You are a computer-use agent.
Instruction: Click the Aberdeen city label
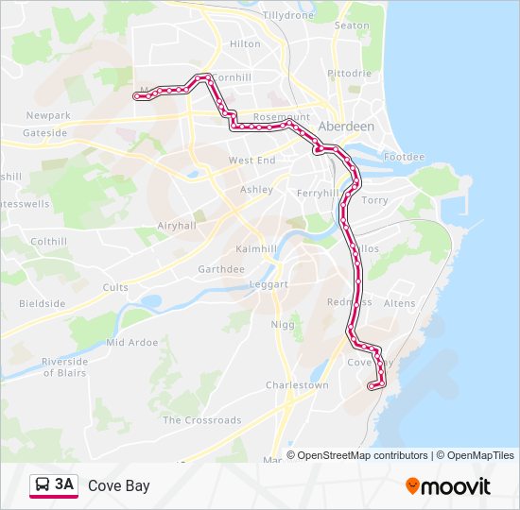pos(347,126)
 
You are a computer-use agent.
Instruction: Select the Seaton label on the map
pos(352,25)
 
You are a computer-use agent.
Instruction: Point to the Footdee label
pos(405,157)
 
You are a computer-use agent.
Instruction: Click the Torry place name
pos(375,200)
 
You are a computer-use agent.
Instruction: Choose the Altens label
pos(400,303)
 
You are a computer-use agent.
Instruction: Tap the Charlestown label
pos(297,385)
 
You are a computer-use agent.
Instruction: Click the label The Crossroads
pos(202,420)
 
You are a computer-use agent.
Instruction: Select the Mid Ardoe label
pos(133,342)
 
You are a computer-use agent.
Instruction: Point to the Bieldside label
pos(43,304)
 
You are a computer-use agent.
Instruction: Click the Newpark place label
pos(48,115)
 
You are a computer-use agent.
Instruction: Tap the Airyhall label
pos(177,226)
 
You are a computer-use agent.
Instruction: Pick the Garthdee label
pos(221,269)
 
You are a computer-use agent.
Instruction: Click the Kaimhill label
pos(256,248)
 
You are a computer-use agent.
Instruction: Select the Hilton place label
pos(245,43)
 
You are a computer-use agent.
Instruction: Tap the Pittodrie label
pos(349,73)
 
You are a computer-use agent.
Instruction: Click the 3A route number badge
pos(64,484)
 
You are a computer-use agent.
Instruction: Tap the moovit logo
pos(448,486)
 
